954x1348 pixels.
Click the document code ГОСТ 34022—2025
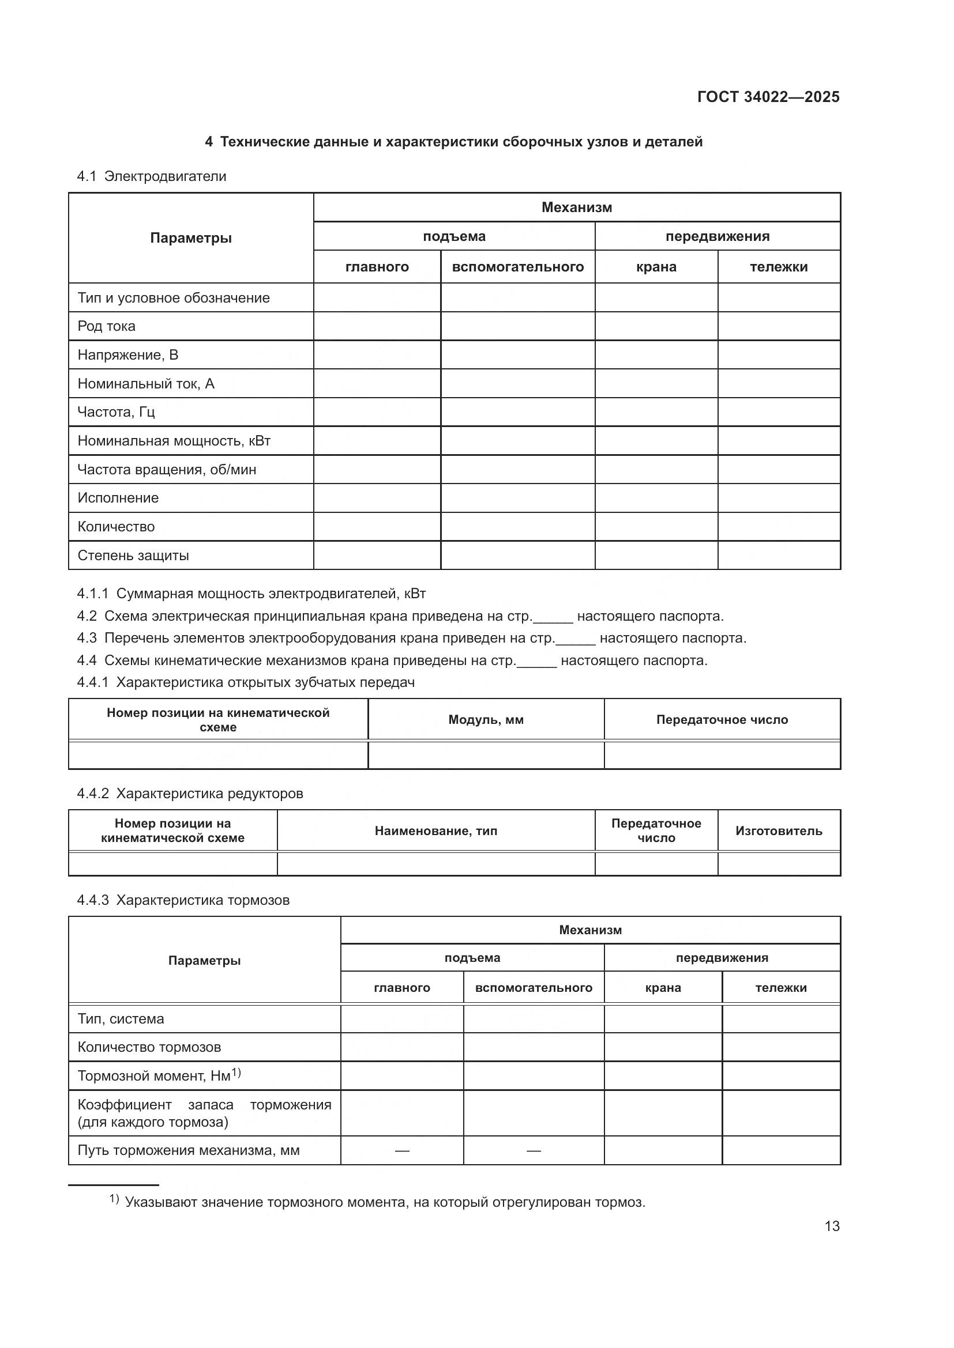[768, 97]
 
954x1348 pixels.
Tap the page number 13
[832, 1226]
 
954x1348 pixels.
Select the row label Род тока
[106, 326]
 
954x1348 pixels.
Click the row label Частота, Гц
[116, 412]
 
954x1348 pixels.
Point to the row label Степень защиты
[133, 556]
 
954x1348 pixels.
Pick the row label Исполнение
[118, 498]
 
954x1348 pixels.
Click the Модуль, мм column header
[486, 720]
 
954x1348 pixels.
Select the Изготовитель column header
[778, 831]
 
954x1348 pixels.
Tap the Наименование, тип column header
[436, 831]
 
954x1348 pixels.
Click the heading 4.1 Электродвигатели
[152, 176]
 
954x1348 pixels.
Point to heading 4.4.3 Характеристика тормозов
[183, 900]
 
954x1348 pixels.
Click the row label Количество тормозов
[149, 1047]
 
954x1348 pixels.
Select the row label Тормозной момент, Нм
[154, 1075]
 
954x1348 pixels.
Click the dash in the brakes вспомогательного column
[534, 1150]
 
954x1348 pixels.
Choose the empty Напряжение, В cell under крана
[656, 354]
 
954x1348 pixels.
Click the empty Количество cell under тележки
[778, 527]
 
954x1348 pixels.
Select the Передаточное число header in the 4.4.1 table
[722, 720]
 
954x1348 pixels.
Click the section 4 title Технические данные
[453, 142]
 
